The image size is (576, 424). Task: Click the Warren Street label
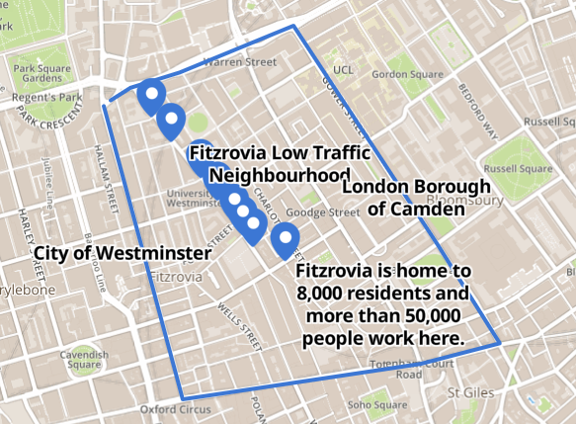[239, 62]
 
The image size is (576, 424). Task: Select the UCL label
[343, 70]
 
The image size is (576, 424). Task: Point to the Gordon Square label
[407, 74]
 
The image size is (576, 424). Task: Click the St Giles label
[470, 392]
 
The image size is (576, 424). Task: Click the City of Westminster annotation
[123, 253]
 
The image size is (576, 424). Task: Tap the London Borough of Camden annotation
[416, 198]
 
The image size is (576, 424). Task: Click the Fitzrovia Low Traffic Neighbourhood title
[279, 164]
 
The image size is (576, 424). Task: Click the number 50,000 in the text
[432, 316]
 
